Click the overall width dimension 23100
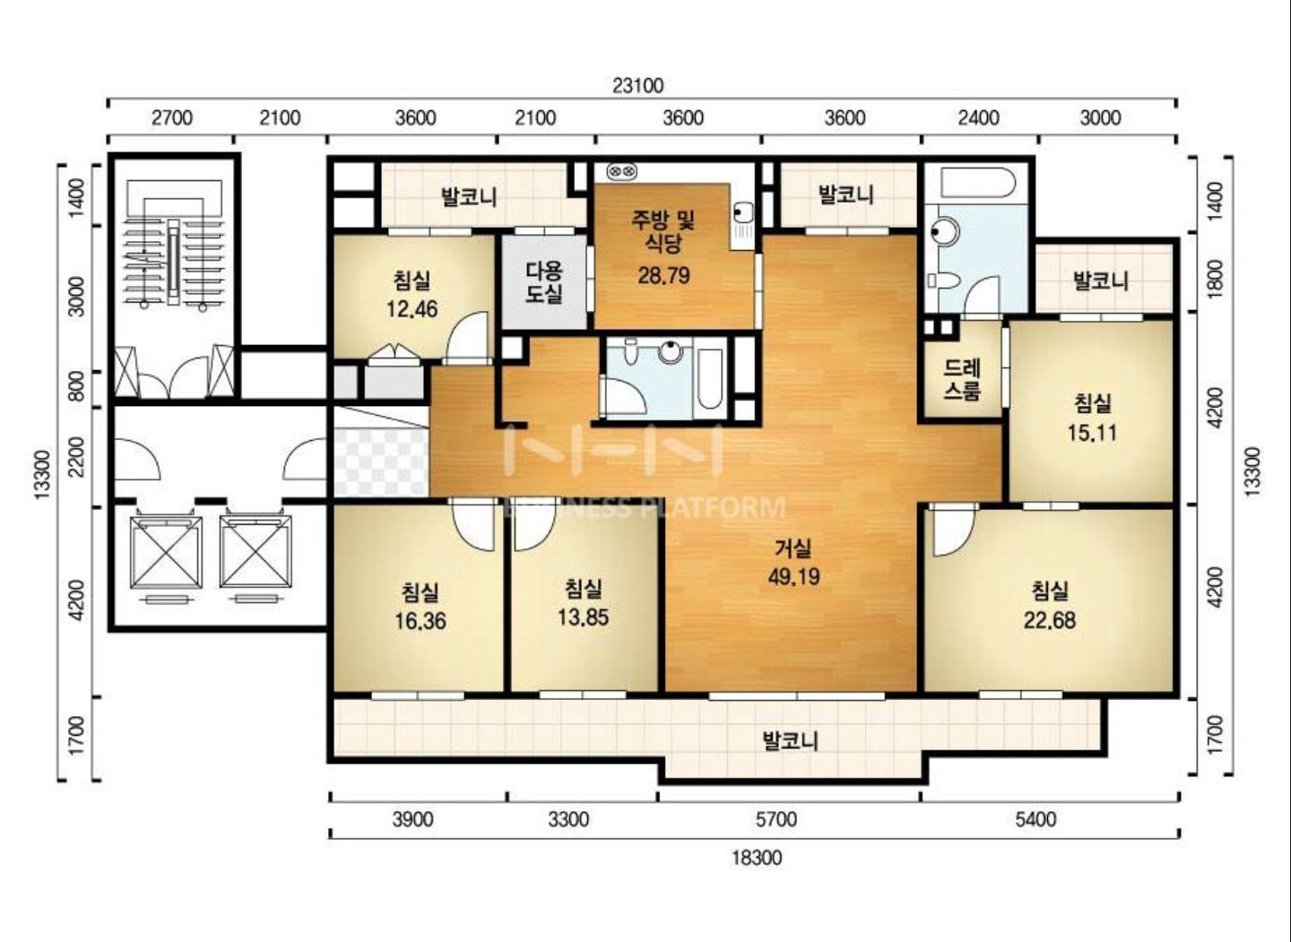(x=637, y=86)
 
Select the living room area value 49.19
(x=793, y=576)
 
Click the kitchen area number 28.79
(x=663, y=275)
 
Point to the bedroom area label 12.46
(x=412, y=309)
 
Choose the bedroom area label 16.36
(x=420, y=622)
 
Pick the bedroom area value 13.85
(x=583, y=618)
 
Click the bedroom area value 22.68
(x=1050, y=620)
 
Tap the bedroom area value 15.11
(x=1092, y=433)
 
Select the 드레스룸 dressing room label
(x=962, y=380)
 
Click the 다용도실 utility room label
(x=543, y=282)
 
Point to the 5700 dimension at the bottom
(x=775, y=819)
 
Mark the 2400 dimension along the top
(x=978, y=118)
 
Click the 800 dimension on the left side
(x=75, y=389)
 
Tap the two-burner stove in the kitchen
(x=622, y=171)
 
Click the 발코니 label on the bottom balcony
(x=790, y=741)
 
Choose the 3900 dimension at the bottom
(x=412, y=819)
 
